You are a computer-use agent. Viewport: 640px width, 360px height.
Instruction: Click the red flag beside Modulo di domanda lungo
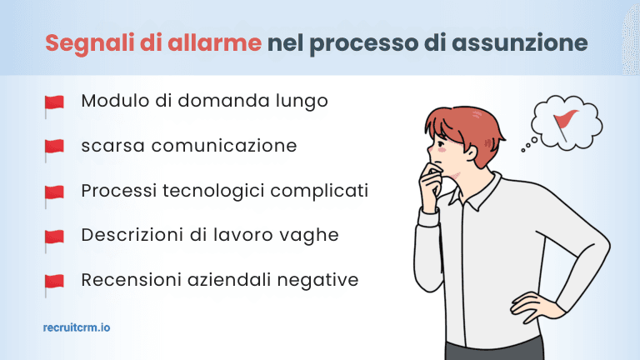pyautogui.click(x=54, y=104)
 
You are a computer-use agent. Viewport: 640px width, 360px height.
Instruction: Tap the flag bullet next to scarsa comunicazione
pyautogui.click(x=54, y=149)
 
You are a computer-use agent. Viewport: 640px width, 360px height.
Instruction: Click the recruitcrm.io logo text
pyautogui.click(x=76, y=327)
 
